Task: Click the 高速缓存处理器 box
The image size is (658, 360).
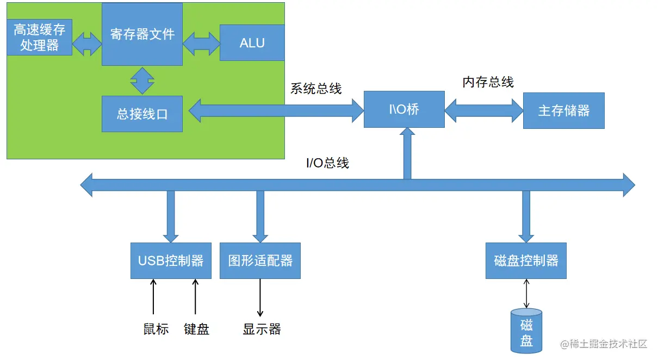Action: coord(39,37)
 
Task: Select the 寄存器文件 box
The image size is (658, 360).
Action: coord(142,34)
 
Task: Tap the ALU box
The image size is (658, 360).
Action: coord(252,42)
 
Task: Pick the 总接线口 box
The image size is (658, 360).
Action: coord(142,114)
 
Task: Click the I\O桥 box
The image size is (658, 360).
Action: coord(404,110)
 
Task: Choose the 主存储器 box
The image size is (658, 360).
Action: coord(563,110)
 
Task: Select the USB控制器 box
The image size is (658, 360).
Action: coord(171,260)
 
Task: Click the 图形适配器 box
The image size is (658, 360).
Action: coord(260,260)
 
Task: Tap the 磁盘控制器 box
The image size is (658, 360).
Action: coord(526,260)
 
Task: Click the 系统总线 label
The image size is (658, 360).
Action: coord(316,89)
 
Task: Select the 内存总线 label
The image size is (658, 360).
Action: coord(488,82)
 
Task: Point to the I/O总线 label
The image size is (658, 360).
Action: coord(327,163)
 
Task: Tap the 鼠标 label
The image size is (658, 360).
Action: coord(156,329)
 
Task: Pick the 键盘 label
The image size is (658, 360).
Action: coord(196,329)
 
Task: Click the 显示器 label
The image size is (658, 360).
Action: coord(262,329)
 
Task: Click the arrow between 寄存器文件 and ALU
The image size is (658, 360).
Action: coord(201,43)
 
